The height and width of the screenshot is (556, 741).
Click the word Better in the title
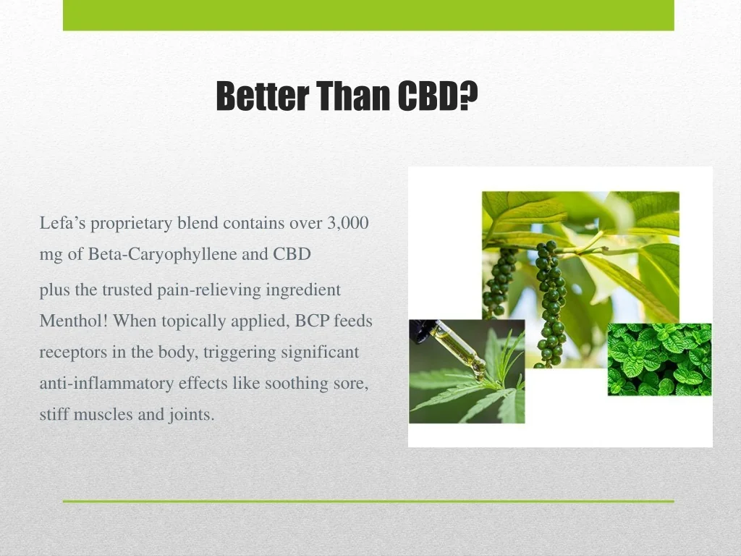coord(263,96)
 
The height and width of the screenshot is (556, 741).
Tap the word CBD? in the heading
coord(438,96)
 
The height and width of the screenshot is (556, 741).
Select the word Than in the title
coord(353,96)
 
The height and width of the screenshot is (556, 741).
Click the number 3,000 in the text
coord(348,223)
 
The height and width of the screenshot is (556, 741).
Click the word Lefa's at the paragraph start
coord(62,223)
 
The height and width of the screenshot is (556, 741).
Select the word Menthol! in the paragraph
coord(74,321)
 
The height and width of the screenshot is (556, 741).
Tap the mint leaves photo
coord(659,359)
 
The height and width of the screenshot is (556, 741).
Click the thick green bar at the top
coord(368,15)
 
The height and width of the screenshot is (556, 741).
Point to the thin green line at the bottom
coord(368,501)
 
